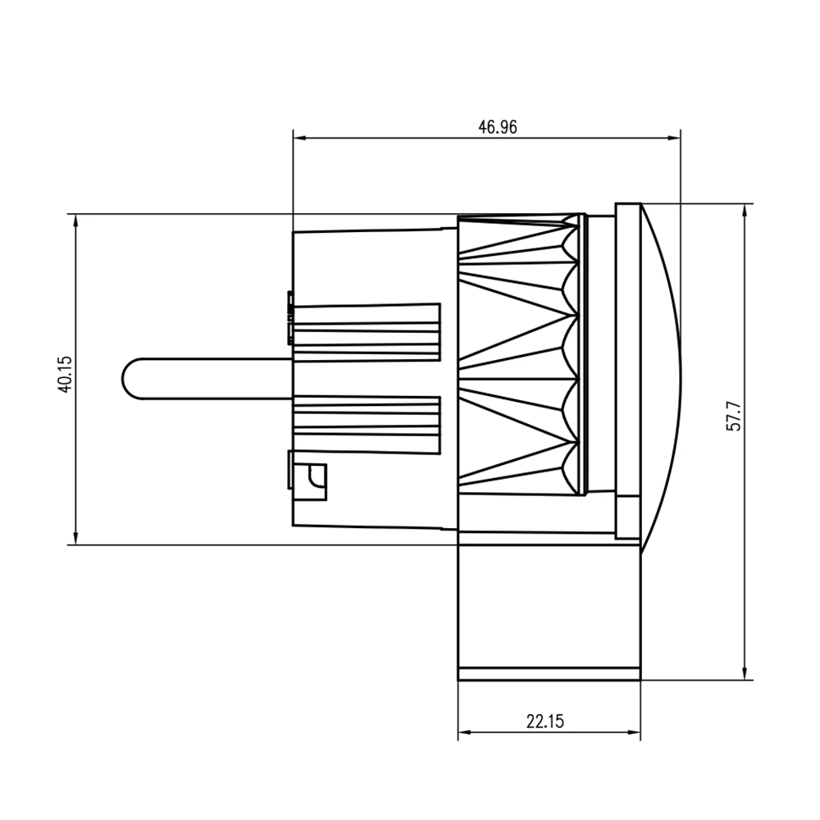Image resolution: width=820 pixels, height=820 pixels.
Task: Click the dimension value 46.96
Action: click(x=498, y=126)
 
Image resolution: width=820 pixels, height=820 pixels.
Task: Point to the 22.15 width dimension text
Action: click(x=545, y=722)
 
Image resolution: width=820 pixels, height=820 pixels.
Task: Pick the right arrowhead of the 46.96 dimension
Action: click(x=675, y=137)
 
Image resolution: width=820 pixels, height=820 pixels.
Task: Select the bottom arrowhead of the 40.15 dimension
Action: click(x=75, y=539)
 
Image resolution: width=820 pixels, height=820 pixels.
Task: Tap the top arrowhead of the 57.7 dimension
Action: click(x=745, y=209)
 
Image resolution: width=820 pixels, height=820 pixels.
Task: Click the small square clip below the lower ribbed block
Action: click(x=312, y=480)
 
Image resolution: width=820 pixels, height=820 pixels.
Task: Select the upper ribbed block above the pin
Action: click(x=367, y=331)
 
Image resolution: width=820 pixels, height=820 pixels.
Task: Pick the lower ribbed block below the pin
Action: click(x=367, y=425)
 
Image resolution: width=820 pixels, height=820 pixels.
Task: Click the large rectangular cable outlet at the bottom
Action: click(x=548, y=607)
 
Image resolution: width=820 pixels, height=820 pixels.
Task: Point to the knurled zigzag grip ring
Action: click(x=521, y=354)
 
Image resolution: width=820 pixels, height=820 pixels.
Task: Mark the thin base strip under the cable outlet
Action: click(x=548, y=674)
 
